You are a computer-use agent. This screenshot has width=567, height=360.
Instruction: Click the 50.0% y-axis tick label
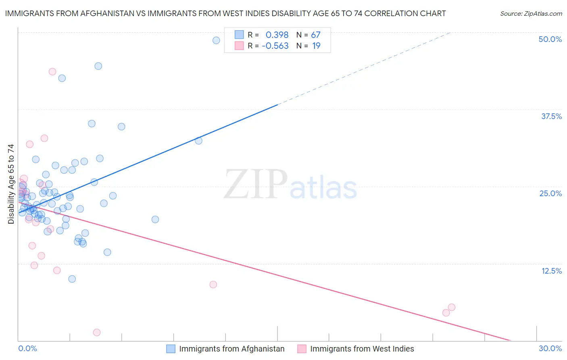click(x=550, y=39)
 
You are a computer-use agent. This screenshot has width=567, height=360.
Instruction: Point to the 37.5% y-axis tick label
click(x=551, y=116)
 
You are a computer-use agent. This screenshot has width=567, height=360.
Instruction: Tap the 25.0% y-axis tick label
click(x=550, y=193)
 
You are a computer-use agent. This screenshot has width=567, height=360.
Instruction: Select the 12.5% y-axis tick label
click(x=551, y=271)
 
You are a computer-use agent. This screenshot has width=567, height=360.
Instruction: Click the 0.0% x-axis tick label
click(x=27, y=348)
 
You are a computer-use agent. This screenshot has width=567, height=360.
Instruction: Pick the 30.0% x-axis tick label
click(x=550, y=348)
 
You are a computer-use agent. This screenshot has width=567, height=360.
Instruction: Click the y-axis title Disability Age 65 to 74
click(x=11, y=184)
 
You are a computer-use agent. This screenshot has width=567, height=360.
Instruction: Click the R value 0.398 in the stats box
click(x=277, y=35)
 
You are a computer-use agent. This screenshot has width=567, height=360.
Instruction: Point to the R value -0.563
click(x=275, y=46)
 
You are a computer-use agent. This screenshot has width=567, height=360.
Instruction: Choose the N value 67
click(x=315, y=35)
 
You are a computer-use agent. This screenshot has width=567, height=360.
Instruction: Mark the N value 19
click(x=316, y=46)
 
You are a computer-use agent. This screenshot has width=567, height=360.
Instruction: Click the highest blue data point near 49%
click(x=216, y=40)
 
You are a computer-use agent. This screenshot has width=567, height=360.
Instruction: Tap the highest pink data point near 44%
click(x=52, y=71)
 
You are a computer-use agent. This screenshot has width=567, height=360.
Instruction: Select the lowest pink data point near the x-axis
click(x=97, y=333)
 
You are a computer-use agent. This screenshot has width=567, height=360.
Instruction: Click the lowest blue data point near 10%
click(x=72, y=279)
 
